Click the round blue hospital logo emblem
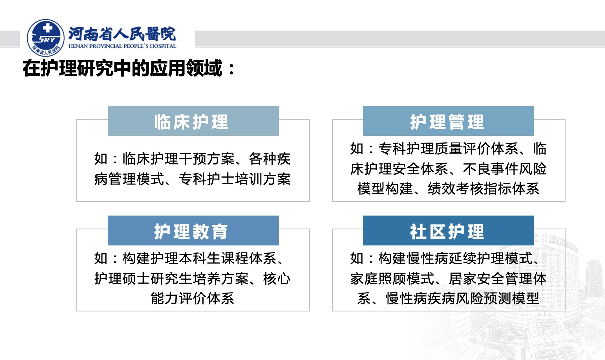(45, 38)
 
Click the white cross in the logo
(48, 28)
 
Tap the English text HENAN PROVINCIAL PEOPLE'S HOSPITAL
(122, 46)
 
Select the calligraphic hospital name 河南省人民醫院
(122, 34)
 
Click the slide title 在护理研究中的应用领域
(122, 68)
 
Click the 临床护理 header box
(193, 121)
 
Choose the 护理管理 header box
(448, 121)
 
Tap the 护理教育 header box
(193, 231)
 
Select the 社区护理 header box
(448, 231)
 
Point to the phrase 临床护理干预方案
(178, 159)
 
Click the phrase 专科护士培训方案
(235, 179)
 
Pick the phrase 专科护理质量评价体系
(448, 148)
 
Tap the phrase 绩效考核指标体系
(483, 188)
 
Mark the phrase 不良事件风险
(505, 169)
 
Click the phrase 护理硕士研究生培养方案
(171, 278)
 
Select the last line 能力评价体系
(193, 298)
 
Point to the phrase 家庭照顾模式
(392, 278)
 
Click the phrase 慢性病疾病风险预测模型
(462, 298)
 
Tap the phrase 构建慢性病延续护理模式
(455, 258)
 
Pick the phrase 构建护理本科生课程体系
(199, 258)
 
